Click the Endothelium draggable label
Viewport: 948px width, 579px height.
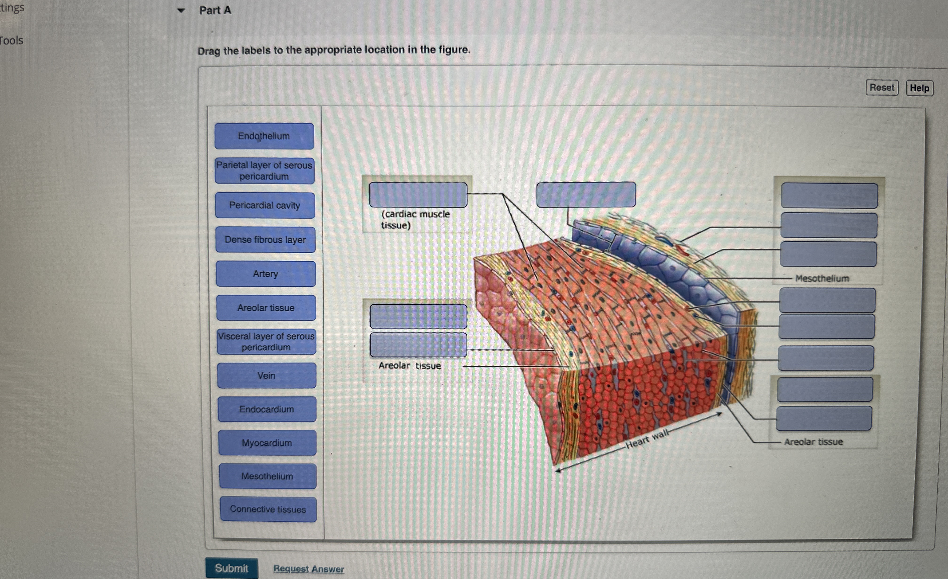pyautogui.click(x=264, y=136)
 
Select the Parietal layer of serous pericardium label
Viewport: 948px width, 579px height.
pyautogui.click(x=264, y=171)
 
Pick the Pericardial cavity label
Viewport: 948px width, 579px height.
pyautogui.click(x=265, y=205)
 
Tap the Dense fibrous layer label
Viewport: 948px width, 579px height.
pyautogui.click(x=265, y=239)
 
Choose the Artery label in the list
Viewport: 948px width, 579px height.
pyautogui.click(x=265, y=274)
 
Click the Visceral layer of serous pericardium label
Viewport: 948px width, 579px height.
pyautogui.click(x=266, y=341)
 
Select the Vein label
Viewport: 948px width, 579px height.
pyautogui.click(x=267, y=375)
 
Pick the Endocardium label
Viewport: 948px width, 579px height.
pyautogui.click(x=267, y=409)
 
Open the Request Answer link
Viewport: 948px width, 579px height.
pyautogui.click(x=308, y=569)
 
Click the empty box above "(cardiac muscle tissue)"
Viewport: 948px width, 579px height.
pyautogui.click(x=418, y=195)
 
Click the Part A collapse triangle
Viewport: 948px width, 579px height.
pyautogui.click(x=181, y=10)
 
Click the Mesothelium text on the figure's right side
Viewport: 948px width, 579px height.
pyautogui.click(x=822, y=278)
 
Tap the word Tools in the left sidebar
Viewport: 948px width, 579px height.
pyautogui.click(x=12, y=40)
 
